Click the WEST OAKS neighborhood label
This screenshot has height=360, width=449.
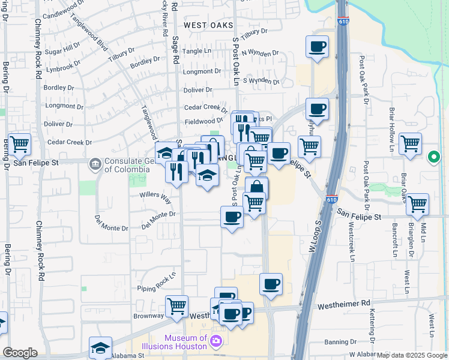coord(207,25)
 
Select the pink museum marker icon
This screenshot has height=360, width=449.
coord(217,342)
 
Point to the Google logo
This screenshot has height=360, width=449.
coord(19,353)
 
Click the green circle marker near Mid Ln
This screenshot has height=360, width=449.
coord(434,158)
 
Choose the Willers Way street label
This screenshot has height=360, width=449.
coord(155,196)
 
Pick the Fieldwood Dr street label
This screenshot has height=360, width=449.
coord(203,121)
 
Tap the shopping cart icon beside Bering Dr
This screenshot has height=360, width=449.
coord(19,143)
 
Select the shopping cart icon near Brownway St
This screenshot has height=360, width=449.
coord(176,306)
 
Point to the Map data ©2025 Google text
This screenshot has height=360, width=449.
coord(412,355)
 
